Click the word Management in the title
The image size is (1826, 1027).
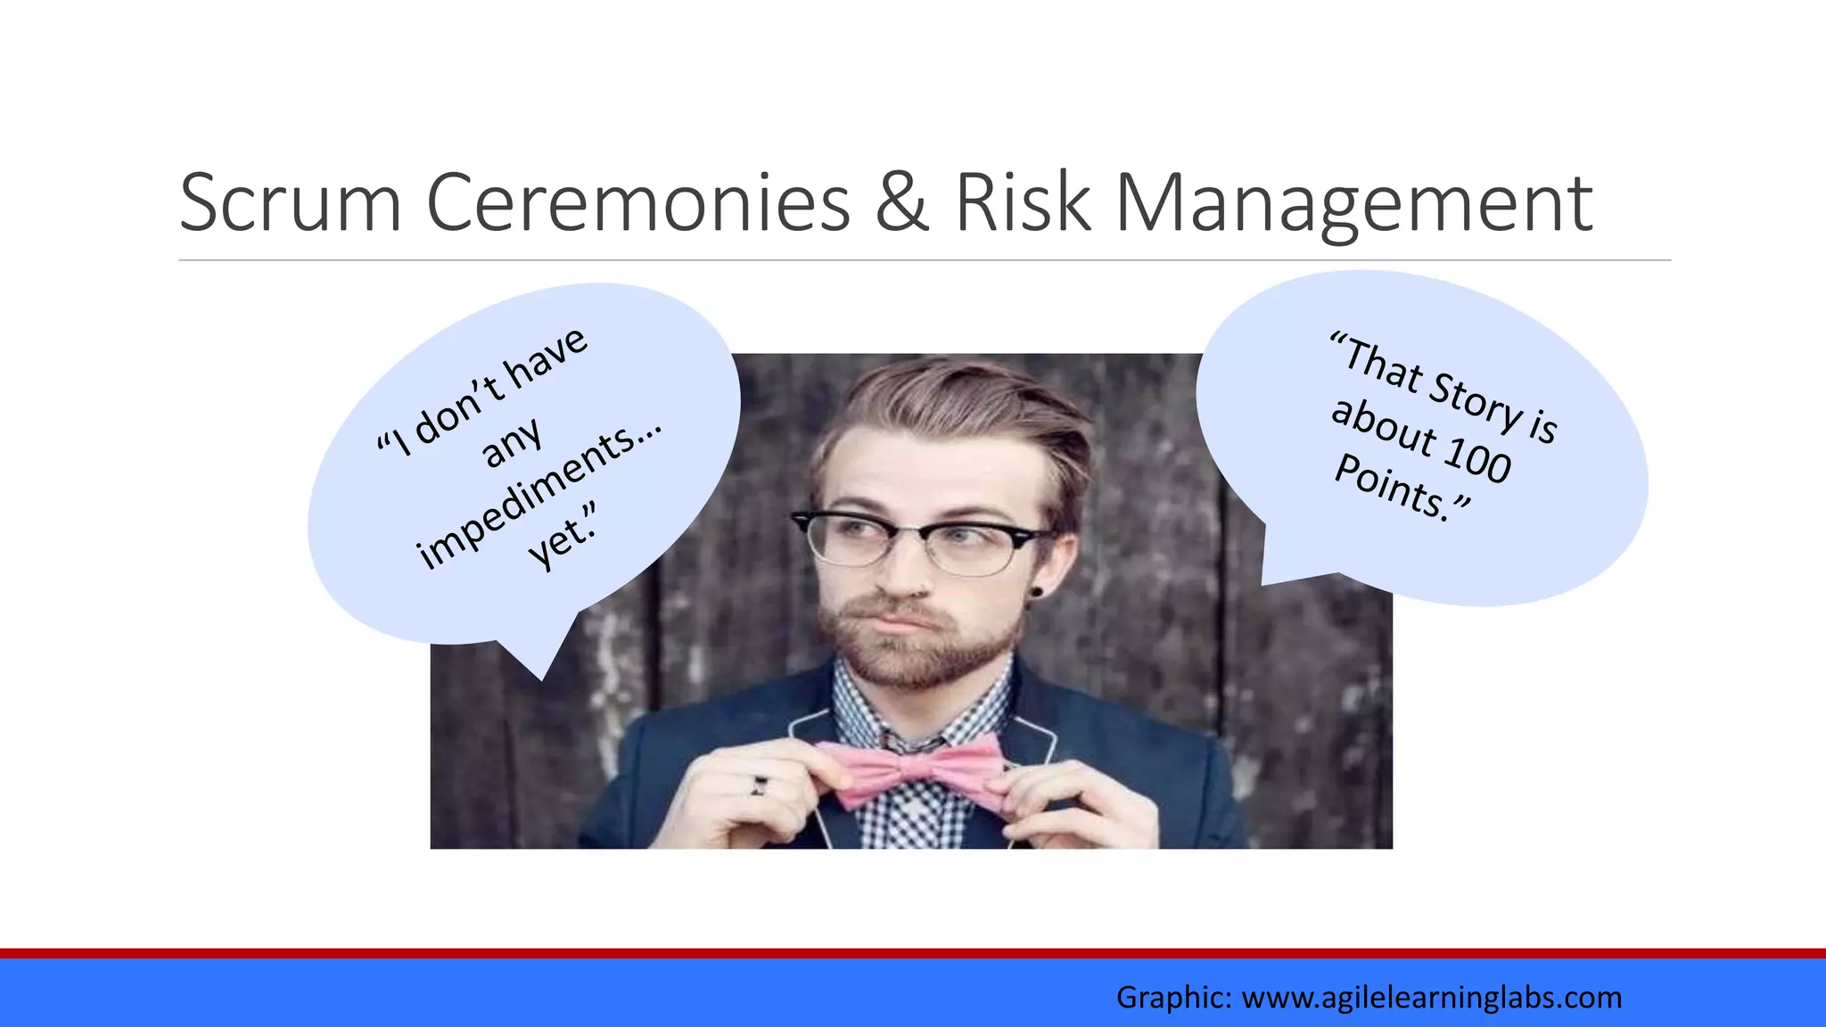click(1353, 205)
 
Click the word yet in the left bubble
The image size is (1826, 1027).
click(558, 540)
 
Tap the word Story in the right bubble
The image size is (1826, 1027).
click(1476, 400)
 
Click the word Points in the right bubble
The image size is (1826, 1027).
click(1391, 486)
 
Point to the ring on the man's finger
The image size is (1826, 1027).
click(759, 785)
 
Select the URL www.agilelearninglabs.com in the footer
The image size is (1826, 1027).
click(1431, 997)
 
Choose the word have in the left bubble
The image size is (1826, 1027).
click(546, 361)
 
